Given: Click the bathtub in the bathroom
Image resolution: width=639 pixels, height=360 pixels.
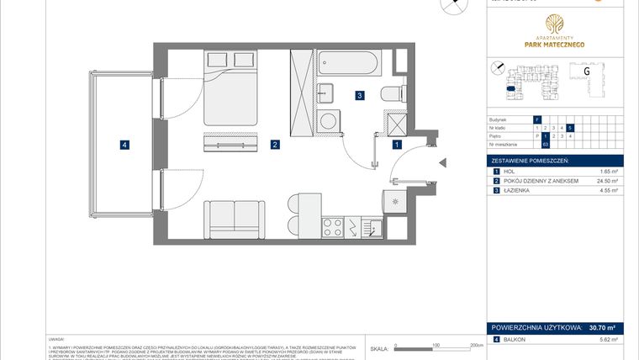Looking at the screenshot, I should pyautogui.click(x=349, y=64).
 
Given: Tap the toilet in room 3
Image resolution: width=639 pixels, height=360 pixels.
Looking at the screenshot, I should pyautogui.click(x=393, y=93).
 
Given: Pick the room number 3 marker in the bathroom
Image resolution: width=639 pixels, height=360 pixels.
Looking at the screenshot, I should pyautogui.click(x=359, y=96).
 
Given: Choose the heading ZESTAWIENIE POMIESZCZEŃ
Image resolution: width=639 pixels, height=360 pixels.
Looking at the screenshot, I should pyautogui.click(x=531, y=160).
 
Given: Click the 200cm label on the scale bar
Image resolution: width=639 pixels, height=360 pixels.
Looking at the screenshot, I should pyautogui.click(x=475, y=344).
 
